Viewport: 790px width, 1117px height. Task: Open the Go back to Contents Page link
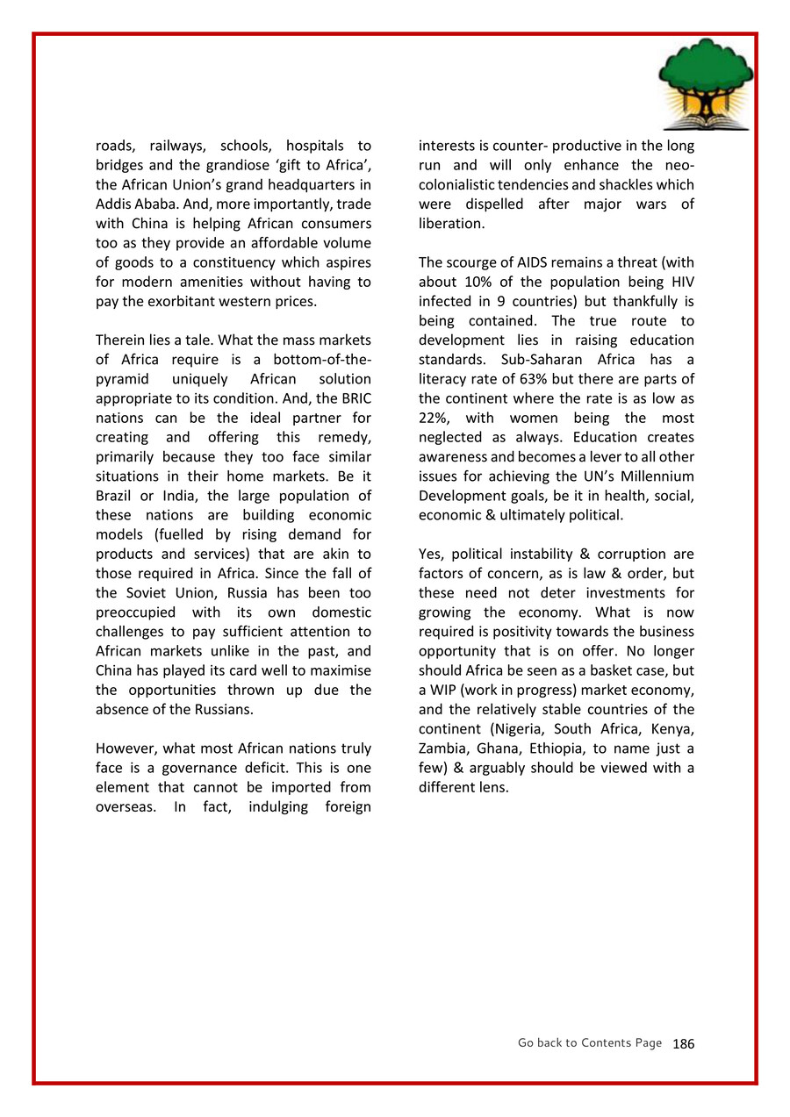(589, 1042)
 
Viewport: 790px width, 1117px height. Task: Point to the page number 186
(683, 1043)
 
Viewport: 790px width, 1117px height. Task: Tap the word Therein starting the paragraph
(120, 340)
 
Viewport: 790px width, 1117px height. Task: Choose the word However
(126, 748)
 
